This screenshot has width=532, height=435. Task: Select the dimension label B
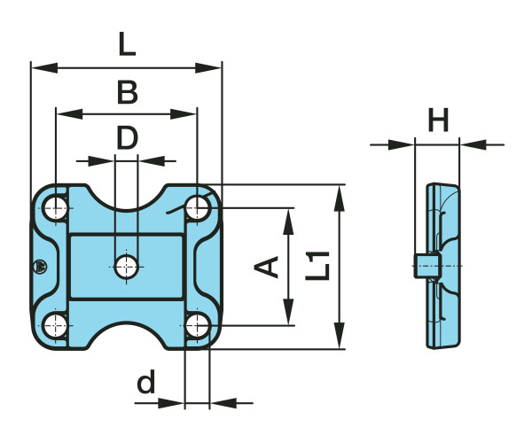[x=127, y=91]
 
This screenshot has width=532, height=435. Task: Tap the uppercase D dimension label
[x=127, y=137]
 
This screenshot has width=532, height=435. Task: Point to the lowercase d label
[x=146, y=383]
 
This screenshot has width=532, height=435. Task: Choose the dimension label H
[x=438, y=120]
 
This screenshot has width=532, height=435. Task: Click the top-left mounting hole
[x=56, y=209]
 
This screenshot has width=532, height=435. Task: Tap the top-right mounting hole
[x=197, y=209]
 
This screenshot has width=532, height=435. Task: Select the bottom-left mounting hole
[x=56, y=324]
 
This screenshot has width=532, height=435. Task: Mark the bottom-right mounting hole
[x=197, y=325]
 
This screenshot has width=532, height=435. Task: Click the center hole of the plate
[x=126, y=265]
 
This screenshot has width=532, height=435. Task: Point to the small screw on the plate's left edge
[x=38, y=267]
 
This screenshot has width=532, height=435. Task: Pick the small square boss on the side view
[x=426, y=265]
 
